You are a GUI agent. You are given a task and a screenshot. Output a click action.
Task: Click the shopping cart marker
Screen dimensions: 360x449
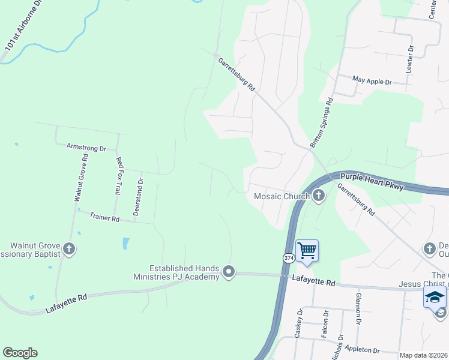click(307, 250)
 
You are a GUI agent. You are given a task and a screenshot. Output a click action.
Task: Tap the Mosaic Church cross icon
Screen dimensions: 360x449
click(318, 196)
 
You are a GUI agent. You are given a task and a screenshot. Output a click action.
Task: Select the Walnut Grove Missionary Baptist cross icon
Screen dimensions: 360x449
click(69, 249)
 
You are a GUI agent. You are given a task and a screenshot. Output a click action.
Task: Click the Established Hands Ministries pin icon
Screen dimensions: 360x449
click(228, 272)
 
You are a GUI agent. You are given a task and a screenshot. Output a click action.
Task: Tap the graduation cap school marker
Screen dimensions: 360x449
click(434, 298)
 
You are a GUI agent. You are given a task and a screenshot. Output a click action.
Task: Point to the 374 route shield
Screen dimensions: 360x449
click(288, 257)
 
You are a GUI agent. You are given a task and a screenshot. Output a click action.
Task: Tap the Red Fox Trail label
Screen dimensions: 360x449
click(119, 176)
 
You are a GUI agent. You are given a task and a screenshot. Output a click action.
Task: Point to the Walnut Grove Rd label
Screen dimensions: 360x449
click(81, 178)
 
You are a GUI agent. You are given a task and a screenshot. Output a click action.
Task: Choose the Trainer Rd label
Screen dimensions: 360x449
click(105, 217)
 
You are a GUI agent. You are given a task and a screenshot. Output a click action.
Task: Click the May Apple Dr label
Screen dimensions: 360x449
click(372, 80)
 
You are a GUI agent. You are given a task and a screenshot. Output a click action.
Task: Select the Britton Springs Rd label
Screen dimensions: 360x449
click(321, 124)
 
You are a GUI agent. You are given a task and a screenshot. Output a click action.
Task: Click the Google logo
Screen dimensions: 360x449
click(20, 353)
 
